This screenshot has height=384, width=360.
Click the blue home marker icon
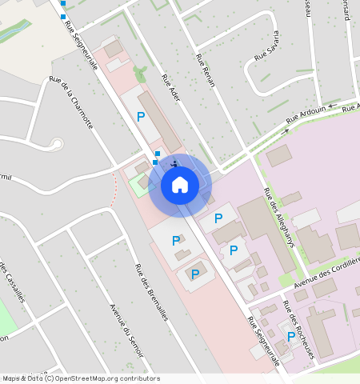[x=180, y=185]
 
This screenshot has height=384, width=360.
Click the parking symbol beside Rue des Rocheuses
[x=290, y=336]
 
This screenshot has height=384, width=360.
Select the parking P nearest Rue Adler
[x=141, y=117]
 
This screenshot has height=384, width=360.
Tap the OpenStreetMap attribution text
[x=81, y=378]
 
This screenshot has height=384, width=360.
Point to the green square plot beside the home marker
[x=140, y=182]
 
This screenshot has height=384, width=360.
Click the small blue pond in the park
[x=15, y=31]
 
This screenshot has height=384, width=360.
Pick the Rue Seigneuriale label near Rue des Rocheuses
[x=264, y=342]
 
